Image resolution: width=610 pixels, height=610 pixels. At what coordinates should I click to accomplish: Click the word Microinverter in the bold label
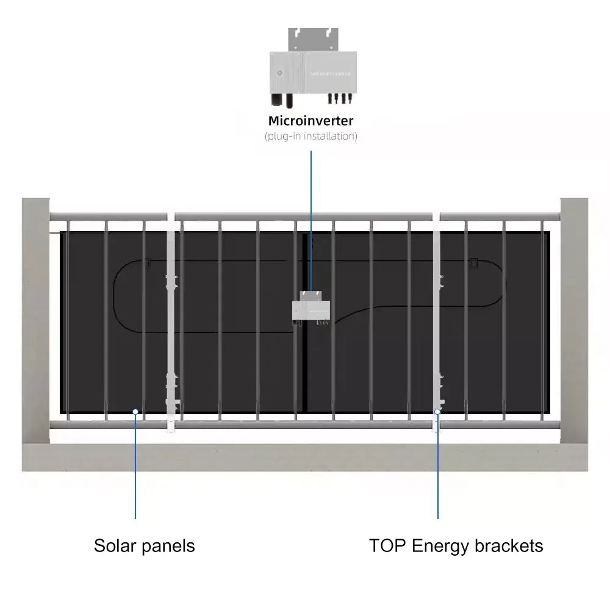[310, 121]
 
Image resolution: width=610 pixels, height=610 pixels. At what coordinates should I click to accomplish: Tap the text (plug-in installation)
[310, 136]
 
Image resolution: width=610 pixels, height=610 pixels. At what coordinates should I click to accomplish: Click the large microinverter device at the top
[311, 72]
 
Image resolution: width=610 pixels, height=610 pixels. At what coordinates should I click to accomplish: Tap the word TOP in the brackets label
[387, 545]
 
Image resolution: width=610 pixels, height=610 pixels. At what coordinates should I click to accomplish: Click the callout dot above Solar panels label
[135, 412]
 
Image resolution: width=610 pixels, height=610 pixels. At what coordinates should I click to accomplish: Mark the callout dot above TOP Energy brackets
[437, 412]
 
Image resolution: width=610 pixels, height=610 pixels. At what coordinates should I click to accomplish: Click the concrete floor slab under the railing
[305, 457]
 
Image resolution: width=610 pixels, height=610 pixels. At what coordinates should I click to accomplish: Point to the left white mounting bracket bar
[171, 342]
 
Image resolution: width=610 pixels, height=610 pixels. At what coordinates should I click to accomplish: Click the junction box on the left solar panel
[147, 264]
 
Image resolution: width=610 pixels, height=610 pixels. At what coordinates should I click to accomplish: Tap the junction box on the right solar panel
[474, 263]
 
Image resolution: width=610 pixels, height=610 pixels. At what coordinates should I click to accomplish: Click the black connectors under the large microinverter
[339, 98]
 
